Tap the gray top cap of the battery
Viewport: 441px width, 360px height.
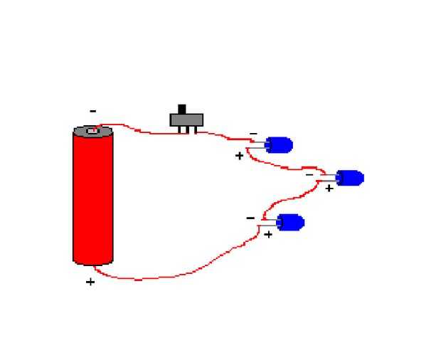(x=92, y=132)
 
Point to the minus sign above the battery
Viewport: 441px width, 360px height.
(x=92, y=111)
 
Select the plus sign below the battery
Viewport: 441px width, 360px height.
(x=90, y=282)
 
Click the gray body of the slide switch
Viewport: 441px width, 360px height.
(x=187, y=120)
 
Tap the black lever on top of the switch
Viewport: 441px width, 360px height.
(x=181, y=109)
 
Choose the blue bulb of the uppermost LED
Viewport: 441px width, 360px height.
(x=281, y=145)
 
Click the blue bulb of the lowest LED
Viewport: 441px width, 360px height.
(x=292, y=223)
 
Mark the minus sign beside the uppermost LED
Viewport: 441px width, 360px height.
(x=253, y=134)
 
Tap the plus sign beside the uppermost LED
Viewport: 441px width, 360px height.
(x=239, y=155)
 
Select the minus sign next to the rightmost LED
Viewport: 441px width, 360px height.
(x=309, y=174)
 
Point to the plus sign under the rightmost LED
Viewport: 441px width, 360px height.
(x=329, y=189)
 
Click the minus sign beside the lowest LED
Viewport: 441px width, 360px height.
(x=250, y=218)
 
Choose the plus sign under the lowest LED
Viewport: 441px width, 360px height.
(x=268, y=234)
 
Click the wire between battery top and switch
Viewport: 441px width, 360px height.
(x=142, y=131)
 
